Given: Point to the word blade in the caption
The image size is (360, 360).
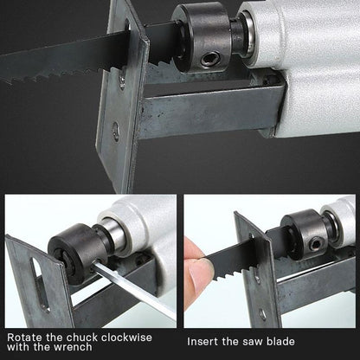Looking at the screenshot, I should (289, 333).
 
